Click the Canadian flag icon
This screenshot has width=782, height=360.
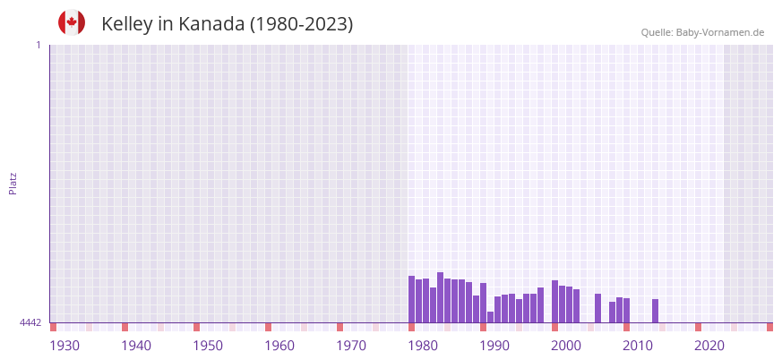[x=72, y=22]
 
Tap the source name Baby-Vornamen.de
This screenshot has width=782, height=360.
[x=720, y=33]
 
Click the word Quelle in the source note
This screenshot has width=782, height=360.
[x=657, y=33]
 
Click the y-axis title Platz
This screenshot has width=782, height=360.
[x=13, y=183]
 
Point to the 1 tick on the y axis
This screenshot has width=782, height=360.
[x=39, y=45]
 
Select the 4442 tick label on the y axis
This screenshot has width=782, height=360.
[x=30, y=322]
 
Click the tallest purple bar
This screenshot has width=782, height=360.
[x=441, y=297]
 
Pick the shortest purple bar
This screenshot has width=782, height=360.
[x=491, y=317]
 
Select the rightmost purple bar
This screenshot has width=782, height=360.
[x=656, y=311]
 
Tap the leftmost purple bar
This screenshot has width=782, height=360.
[x=412, y=299]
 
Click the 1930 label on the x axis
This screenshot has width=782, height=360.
[x=64, y=346]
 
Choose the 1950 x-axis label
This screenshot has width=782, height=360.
[x=208, y=346]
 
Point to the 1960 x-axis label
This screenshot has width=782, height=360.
[x=279, y=346]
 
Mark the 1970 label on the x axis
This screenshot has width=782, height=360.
[x=351, y=346]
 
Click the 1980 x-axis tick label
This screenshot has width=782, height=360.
[x=423, y=346]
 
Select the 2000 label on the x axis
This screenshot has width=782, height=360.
[x=566, y=346]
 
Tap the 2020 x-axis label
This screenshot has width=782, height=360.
[x=709, y=346]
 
